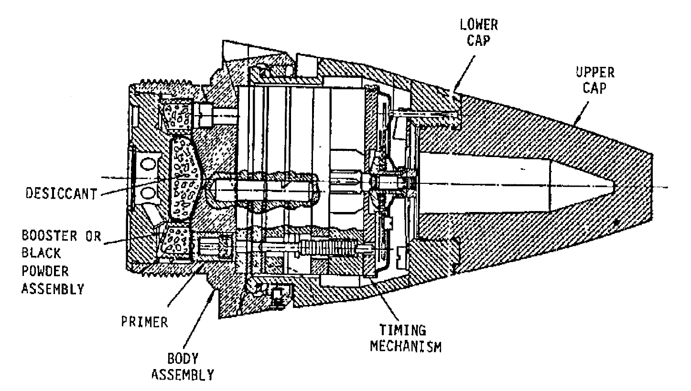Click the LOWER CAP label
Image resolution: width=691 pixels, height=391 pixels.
pyautogui.click(x=479, y=32)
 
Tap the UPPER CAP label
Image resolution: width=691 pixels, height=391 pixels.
pyautogui.click(x=595, y=80)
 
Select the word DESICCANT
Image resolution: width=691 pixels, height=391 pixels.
pyautogui.click(x=61, y=193)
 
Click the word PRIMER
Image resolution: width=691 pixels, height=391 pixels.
pyautogui.click(x=144, y=322)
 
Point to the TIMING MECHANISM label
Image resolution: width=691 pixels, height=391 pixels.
pyautogui.click(x=406, y=338)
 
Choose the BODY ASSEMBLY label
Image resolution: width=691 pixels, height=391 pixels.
pyautogui.click(x=183, y=367)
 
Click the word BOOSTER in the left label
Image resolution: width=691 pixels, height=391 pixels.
pyautogui.click(x=49, y=236)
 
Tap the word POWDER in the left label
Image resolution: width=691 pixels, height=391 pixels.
pyautogui.click(x=45, y=271)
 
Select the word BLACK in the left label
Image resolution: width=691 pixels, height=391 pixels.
pyautogui.click(x=42, y=254)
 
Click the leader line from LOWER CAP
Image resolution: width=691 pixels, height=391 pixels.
pyautogui.click(x=464, y=74)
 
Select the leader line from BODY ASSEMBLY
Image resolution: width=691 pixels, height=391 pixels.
pyautogui.click(x=198, y=319)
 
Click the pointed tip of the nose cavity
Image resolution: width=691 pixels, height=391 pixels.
pyautogui.click(x=615, y=187)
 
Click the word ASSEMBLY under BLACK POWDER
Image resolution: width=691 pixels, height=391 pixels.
pyautogui.click(x=53, y=289)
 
